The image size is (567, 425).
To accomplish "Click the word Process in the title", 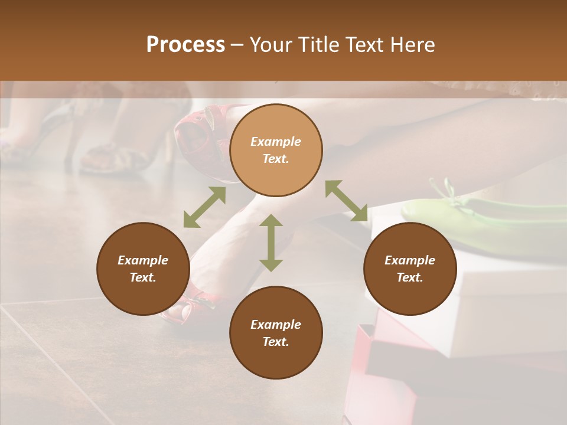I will [x=185, y=45].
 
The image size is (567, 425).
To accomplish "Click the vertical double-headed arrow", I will [x=271, y=243].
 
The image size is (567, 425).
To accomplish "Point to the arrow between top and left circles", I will [x=204, y=207].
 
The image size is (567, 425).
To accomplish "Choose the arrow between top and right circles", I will [x=346, y=201].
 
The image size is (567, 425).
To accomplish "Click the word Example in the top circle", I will [x=276, y=142].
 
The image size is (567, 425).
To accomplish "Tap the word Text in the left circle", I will [x=143, y=277].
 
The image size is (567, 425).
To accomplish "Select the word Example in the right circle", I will [x=410, y=260].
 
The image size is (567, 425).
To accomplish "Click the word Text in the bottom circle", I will [x=276, y=342].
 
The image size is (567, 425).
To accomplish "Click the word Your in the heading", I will [x=271, y=45].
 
